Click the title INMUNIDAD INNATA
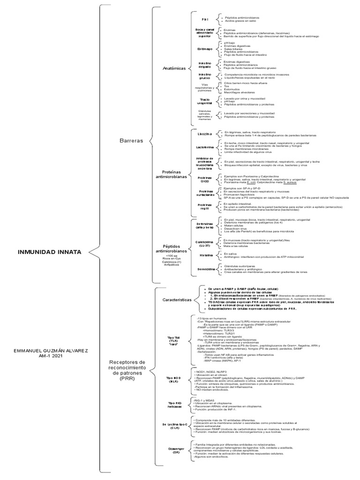coord(50,252)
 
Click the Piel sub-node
coord(205,19)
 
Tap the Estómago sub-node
coord(205,48)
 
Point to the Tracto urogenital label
coord(204,101)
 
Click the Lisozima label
coord(205,134)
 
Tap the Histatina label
coord(205,255)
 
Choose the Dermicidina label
coord(205,270)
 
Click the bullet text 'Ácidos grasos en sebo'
coord(242,21)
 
